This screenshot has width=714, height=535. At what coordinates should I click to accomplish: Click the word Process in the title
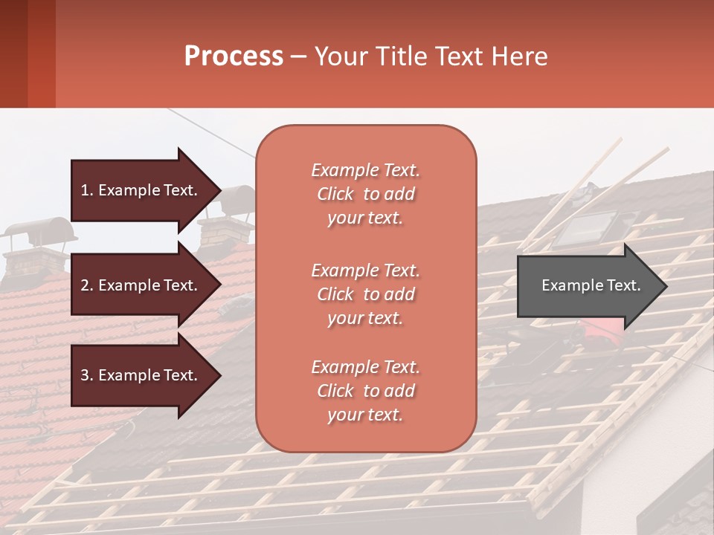(234, 56)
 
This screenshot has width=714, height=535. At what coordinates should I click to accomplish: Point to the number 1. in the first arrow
(87, 190)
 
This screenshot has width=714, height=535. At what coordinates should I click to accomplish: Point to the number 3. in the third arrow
(87, 375)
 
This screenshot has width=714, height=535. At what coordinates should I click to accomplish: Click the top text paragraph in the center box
(365, 194)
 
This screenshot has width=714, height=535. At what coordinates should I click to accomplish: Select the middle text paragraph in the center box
(365, 294)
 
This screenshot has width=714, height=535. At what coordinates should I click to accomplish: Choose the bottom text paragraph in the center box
(365, 391)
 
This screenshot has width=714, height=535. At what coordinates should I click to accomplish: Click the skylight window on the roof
(588, 227)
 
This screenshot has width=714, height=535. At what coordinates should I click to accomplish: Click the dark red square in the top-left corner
(27, 53)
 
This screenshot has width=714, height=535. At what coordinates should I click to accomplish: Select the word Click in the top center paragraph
(335, 194)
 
